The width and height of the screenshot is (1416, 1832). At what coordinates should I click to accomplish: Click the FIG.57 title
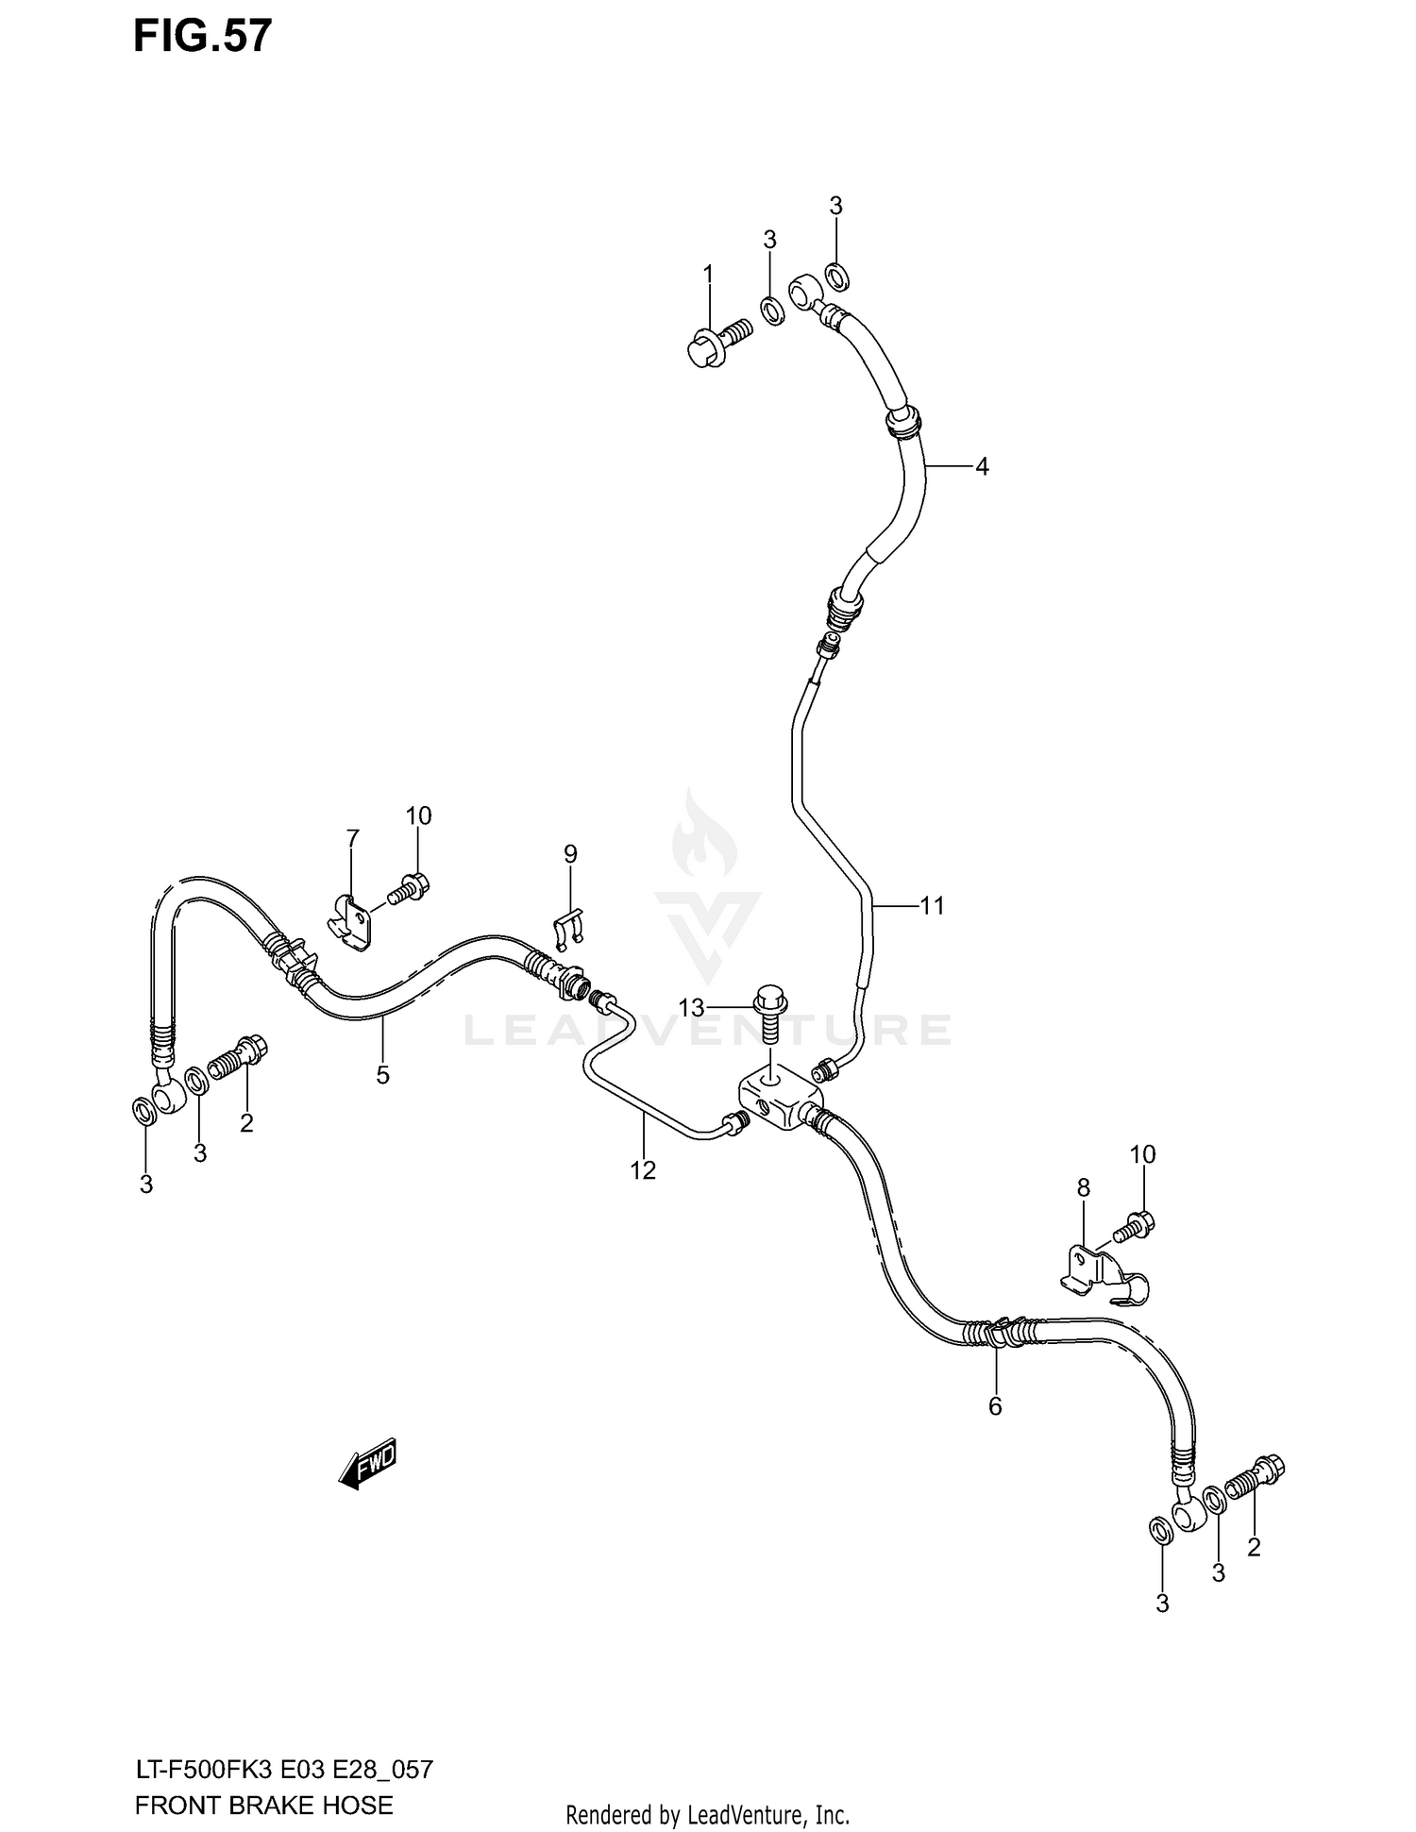(x=202, y=36)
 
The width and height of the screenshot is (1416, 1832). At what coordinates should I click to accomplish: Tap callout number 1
(x=708, y=275)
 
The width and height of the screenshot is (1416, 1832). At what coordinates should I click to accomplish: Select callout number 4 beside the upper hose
(x=982, y=466)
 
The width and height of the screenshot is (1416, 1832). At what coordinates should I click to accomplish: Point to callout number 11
(x=932, y=906)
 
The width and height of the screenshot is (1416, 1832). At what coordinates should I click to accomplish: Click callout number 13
(x=691, y=1009)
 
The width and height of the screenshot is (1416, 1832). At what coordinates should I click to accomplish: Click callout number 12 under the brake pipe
(x=643, y=1170)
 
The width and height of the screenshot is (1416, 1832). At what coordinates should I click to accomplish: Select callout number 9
(x=570, y=854)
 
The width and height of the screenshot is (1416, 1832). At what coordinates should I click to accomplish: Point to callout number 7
(x=352, y=838)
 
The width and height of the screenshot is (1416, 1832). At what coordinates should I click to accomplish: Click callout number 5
(x=382, y=1075)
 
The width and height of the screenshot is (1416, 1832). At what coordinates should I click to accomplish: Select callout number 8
(x=1083, y=1187)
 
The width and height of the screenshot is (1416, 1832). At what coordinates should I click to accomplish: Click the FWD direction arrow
(x=367, y=1464)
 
